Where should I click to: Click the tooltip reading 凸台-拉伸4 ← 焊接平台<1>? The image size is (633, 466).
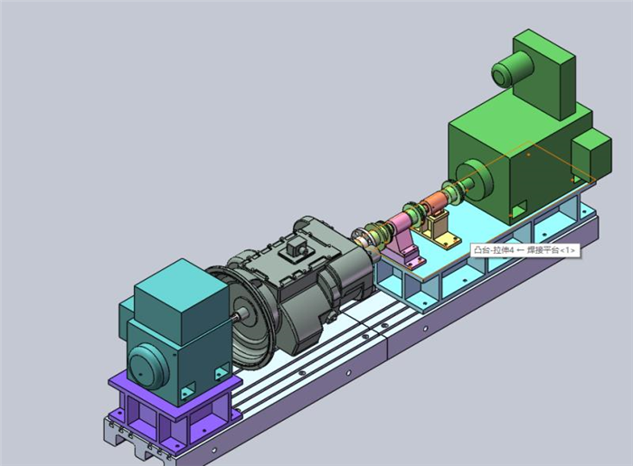click(525, 250)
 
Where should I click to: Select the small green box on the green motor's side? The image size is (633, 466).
click(591, 156)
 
